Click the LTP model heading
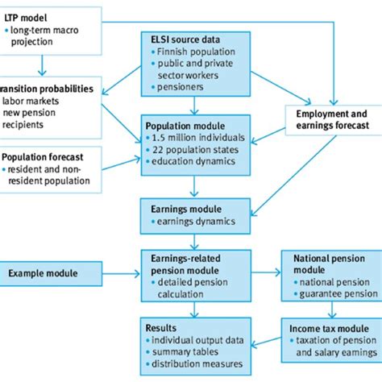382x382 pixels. (27, 17)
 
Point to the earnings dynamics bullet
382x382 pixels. (189, 221)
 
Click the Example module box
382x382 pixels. (45, 274)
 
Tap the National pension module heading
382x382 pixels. (326, 264)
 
